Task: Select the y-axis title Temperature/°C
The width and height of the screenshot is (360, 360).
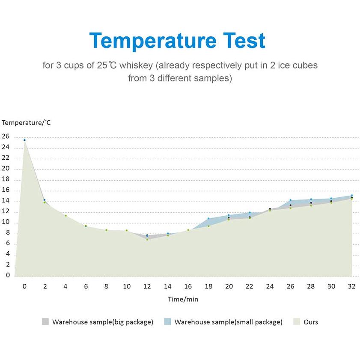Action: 27,122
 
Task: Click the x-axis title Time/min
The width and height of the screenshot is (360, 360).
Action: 183,299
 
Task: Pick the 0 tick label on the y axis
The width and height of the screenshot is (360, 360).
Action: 7,276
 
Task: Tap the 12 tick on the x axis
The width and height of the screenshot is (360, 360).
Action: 147,286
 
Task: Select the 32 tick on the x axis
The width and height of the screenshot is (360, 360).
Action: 352,286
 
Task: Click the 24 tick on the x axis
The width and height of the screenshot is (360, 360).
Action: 270,286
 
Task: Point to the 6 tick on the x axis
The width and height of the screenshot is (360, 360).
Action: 86,286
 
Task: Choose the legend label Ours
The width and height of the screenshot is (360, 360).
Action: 311,322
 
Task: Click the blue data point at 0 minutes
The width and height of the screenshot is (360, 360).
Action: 24,140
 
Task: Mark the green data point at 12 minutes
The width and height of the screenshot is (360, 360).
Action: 147,239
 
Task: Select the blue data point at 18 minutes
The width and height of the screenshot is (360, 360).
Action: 208,219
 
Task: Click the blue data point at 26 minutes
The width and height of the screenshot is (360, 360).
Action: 290,200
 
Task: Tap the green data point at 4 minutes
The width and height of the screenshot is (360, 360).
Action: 65,215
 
